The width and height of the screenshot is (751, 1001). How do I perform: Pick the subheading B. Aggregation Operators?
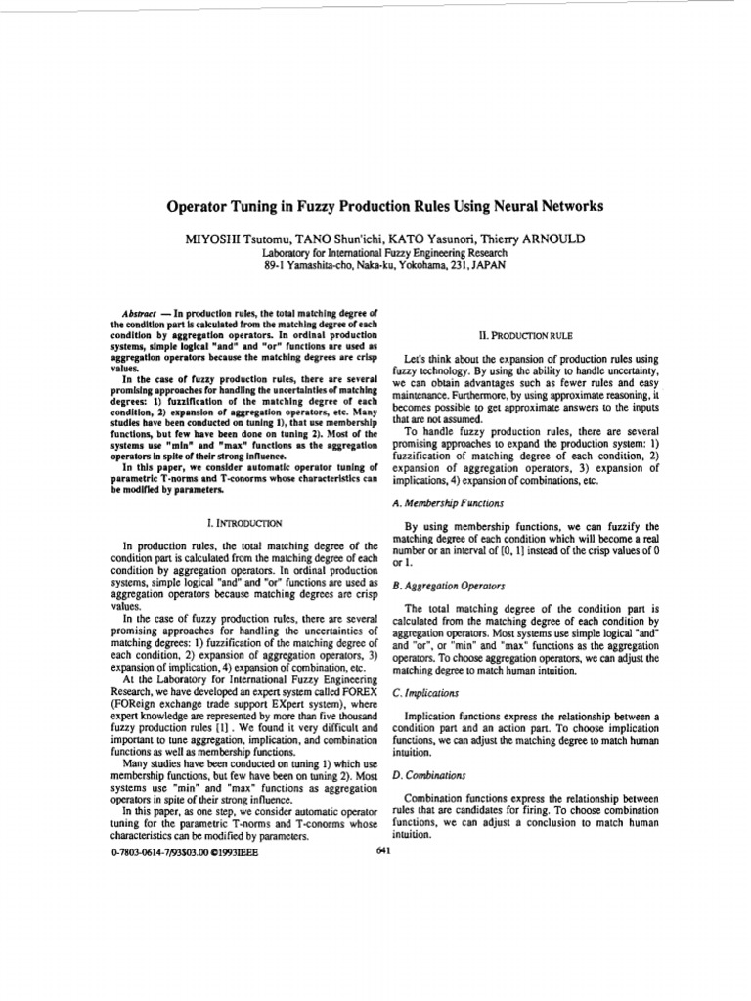pos(447,586)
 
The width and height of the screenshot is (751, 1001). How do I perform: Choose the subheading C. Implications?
pos(424,692)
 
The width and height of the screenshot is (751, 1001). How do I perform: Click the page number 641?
pos(384,849)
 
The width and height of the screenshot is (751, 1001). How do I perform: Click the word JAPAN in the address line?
pos(488,264)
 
